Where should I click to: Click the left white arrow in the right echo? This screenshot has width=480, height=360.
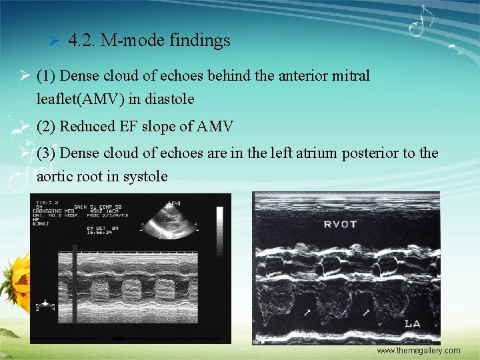pyautogui.click(x=307, y=311)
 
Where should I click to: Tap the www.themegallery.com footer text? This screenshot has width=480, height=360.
pyautogui.click(x=418, y=351)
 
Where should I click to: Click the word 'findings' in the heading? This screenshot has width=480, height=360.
pyautogui.click(x=199, y=41)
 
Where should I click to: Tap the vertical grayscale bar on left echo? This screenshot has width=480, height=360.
pyautogui.click(x=219, y=223)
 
